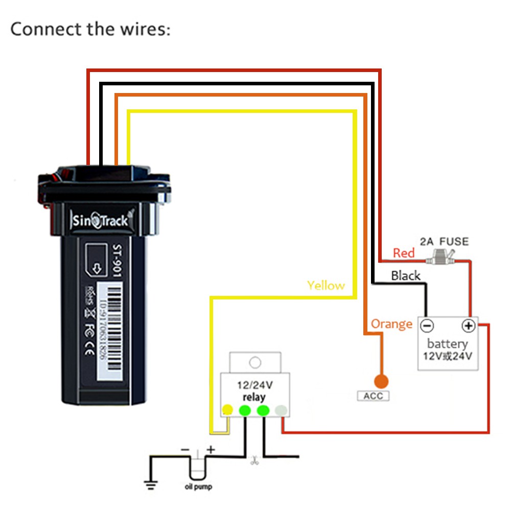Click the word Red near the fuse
pyautogui.click(x=403, y=253)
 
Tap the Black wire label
pyautogui.click(x=405, y=276)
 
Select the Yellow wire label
pyautogui.click(x=326, y=285)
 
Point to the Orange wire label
pyautogui.click(x=391, y=324)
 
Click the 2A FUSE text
pyautogui.click(x=444, y=241)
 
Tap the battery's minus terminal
pyautogui.click(x=427, y=326)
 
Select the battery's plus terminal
pyautogui.click(x=468, y=326)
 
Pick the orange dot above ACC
pyautogui.click(x=381, y=381)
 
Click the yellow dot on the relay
pyautogui.click(x=227, y=410)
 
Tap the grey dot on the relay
pyautogui.click(x=281, y=410)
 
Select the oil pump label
pyautogui.click(x=198, y=487)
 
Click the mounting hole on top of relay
pyautogui.click(x=254, y=362)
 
